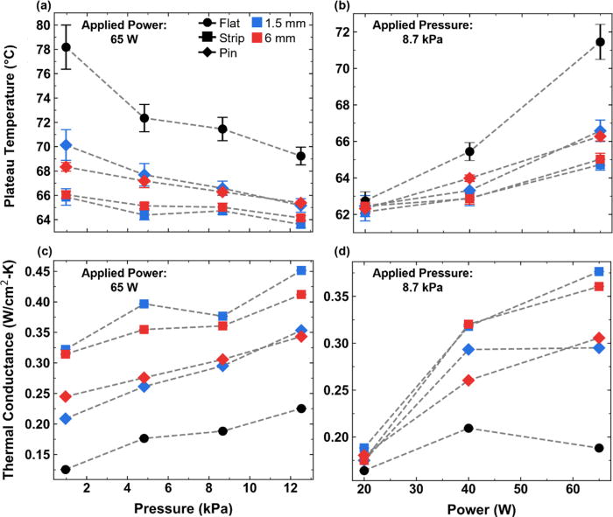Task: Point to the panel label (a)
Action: click(14, 7)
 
